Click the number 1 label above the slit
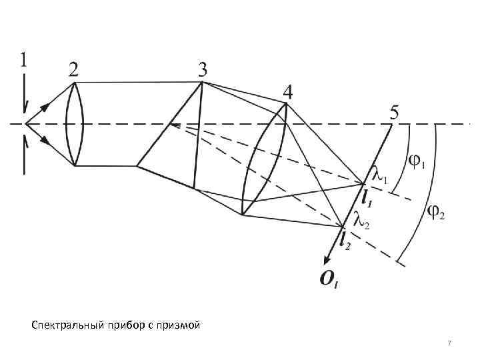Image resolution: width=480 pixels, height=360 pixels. click(24, 61)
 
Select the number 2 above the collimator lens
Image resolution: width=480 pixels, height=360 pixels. click(75, 69)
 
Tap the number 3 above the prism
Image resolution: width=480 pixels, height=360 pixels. click(202, 69)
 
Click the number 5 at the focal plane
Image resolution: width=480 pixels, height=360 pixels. click(395, 114)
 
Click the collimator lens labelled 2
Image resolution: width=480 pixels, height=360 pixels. click(74, 124)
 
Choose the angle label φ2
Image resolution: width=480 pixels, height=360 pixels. click(437, 213)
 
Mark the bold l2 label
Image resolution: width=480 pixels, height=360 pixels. click(345, 241)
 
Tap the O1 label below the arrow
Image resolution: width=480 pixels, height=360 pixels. click(329, 280)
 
